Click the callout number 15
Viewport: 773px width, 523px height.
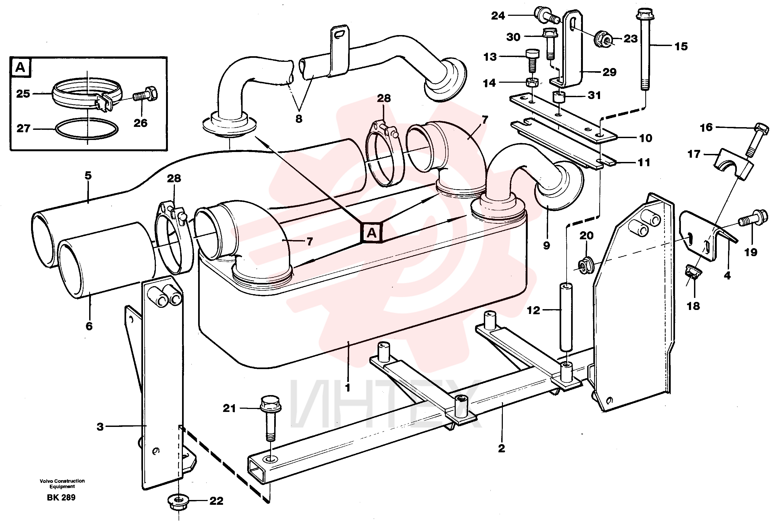[x=681, y=47]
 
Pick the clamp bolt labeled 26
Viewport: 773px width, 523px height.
[x=145, y=95]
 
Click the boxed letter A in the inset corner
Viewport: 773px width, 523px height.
[x=20, y=67]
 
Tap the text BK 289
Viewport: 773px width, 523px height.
[x=61, y=497]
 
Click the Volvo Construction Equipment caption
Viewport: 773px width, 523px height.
[x=62, y=483]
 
